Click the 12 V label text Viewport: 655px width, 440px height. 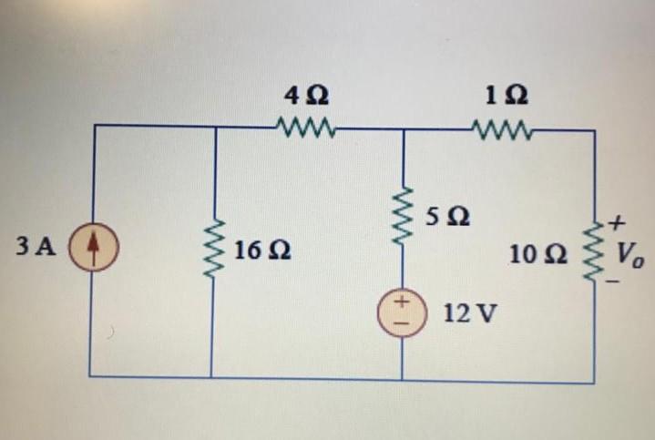click(x=470, y=313)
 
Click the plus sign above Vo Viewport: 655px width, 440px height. click(x=617, y=221)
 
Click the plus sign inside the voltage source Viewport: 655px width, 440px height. click(x=401, y=302)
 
